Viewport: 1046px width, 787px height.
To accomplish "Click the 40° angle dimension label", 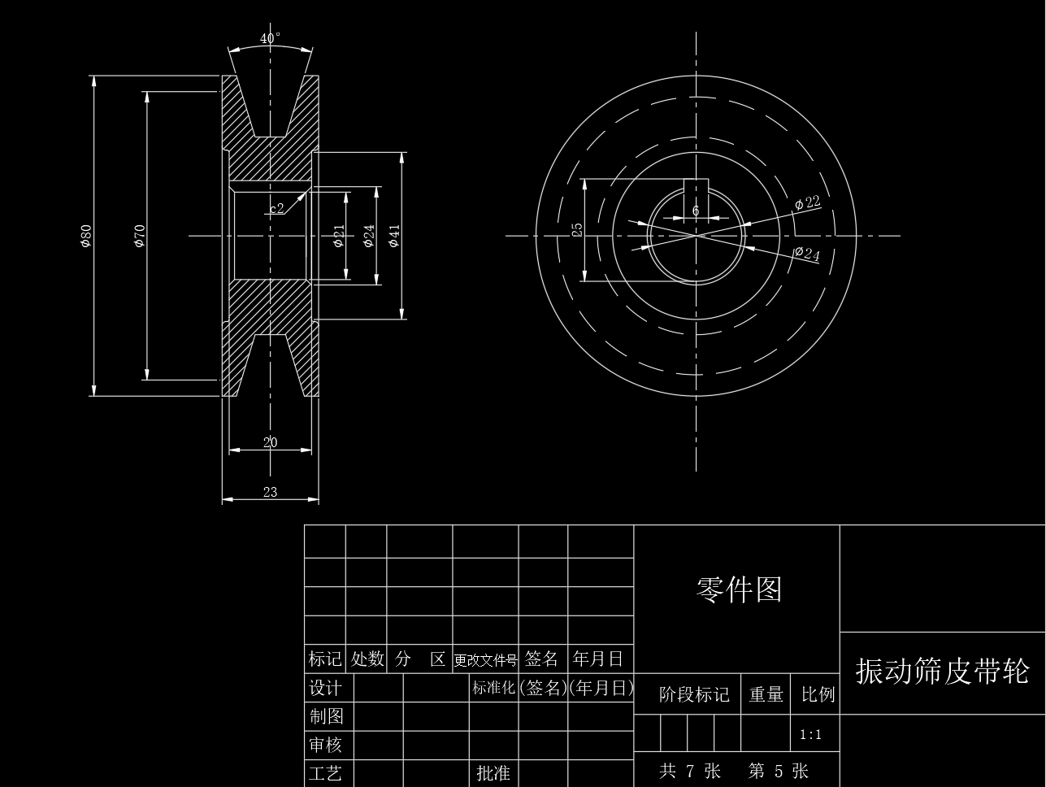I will pyautogui.click(x=271, y=38).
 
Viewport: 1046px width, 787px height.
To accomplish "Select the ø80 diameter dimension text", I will pyautogui.click(x=86, y=235).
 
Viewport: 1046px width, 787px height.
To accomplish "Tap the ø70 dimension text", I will pyautogui.click(x=140, y=235).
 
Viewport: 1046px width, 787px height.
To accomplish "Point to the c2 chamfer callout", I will pyautogui.click(x=277, y=208).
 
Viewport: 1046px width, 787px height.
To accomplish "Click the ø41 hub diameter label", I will pyautogui.click(x=395, y=236).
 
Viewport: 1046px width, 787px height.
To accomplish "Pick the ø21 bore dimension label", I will pyautogui.click(x=339, y=236).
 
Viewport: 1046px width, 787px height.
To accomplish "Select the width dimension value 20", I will pyautogui.click(x=271, y=442).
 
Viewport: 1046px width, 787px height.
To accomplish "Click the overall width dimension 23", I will pyautogui.click(x=271, y=491).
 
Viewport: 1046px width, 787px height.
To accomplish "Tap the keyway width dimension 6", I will pyautogui.click(x=696, y=211).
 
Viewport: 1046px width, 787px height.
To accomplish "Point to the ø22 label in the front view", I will pyautogui.click(x=808, y=202).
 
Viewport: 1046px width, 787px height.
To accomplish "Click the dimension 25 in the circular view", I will pyautogui.click(x=578, y=230).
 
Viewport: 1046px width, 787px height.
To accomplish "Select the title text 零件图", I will pyautogui.click(x=738, y=589).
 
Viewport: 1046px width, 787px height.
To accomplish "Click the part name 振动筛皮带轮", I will pyautogui.click(x=942, y=672).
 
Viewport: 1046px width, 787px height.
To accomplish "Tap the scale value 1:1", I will pyautogui.click(x=810, y=735).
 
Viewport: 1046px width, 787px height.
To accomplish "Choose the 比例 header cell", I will pyautogui.click(x=817, y=694).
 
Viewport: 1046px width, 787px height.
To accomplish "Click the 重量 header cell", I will pyautogui.click(x=766, y=694).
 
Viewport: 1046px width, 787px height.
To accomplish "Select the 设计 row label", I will pyautogui.click(x=326, y=688).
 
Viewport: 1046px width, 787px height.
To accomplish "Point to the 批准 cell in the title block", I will pyautogui.click(x=493, y=772).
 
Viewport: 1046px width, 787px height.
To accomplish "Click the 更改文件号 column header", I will pyautogui.click(x=485, y=659).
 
